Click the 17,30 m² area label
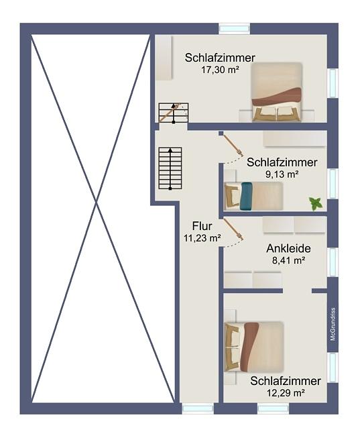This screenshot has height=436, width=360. (221, 70)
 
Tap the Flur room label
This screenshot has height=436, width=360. (202, 226)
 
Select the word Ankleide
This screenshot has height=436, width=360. (288, 248)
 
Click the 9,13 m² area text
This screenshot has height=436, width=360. (282, 174)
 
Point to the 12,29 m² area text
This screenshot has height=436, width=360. (286, 393)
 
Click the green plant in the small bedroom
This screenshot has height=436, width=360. (316, 203)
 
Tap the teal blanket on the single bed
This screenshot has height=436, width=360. (247, 196)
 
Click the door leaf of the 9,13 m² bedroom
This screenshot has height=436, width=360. (233, 145)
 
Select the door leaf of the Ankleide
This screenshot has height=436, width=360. (233, 229)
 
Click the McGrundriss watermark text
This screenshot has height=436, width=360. (333, 324)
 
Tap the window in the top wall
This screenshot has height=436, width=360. (234, 28)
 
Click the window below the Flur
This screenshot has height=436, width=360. (198, 408)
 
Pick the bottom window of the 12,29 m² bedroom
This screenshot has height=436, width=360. (274, 408)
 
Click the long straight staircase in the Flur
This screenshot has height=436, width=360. (170, 168)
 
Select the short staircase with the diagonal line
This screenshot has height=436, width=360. (174, 112)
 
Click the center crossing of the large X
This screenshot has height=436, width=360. (96, 204)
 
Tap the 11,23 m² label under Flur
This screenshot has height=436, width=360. (202, 238)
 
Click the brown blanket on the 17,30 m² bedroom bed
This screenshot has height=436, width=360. (277, 97)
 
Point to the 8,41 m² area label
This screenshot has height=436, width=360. (289, 260)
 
